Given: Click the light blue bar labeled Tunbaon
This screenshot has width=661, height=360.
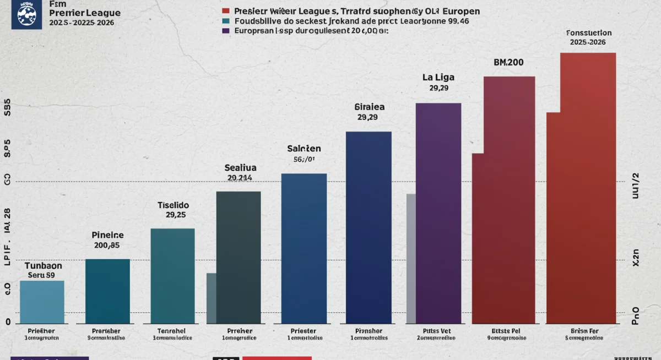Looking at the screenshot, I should [42, 302].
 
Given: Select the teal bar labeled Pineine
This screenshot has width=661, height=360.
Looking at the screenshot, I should [107, 291].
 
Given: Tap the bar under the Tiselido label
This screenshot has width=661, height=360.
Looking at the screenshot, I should [172, 275].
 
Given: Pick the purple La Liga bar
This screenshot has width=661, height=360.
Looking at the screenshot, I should [438, 212].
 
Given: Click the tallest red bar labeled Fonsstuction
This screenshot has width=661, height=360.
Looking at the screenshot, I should [588, 187].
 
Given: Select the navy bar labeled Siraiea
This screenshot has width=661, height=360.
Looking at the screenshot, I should [369, 227].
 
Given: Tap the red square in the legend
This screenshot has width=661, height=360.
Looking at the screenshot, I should [226, 11].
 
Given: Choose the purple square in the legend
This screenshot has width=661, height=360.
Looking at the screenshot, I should [226, 31].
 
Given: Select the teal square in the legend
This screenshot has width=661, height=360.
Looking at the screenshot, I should [226, 21].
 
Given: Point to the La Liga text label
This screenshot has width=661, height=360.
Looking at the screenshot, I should [438, 77].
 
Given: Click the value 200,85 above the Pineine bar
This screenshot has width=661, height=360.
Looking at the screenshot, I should [107, 246].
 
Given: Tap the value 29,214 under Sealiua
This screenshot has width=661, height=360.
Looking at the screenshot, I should [240, 178].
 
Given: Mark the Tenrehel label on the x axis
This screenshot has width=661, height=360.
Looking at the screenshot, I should [172, 331].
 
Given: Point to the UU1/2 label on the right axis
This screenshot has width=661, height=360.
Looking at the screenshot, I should [635, 184].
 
